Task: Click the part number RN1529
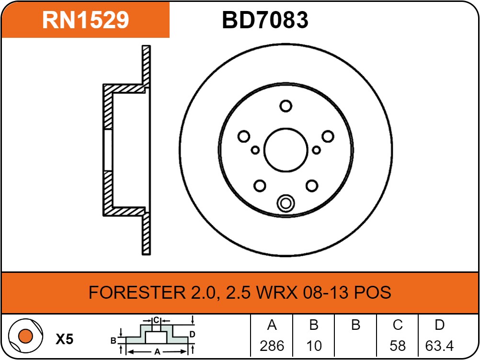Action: click(x=85, y=20)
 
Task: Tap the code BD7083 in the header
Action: click(x=265, y=20)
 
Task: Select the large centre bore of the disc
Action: click(x=286, y=150)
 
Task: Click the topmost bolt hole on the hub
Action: click(x=286, y=106)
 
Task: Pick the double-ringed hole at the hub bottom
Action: click(x=286, y=203)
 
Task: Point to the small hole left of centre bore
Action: click(x=255, y=150)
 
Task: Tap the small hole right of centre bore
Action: click(x=316, y=150)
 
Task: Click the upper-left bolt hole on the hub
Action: click(x=244, y=136)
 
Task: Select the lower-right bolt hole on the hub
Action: click(x=312, y=186)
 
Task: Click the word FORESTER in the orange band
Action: click(x=137, y=292)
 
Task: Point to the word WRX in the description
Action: click(x=277, y=292)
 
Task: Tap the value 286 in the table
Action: click(x=272, y=346)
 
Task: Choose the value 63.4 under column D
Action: click(x=439, y=346)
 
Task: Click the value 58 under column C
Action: click(x=398, y=346)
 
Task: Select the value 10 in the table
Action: click(x=314, y=346)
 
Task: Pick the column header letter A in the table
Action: click(x=272, y=325)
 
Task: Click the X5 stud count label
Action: click(x=65, y=339)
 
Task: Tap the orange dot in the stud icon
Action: click(x=25, y=336)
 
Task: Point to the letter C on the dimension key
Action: click(x=156, y=320)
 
